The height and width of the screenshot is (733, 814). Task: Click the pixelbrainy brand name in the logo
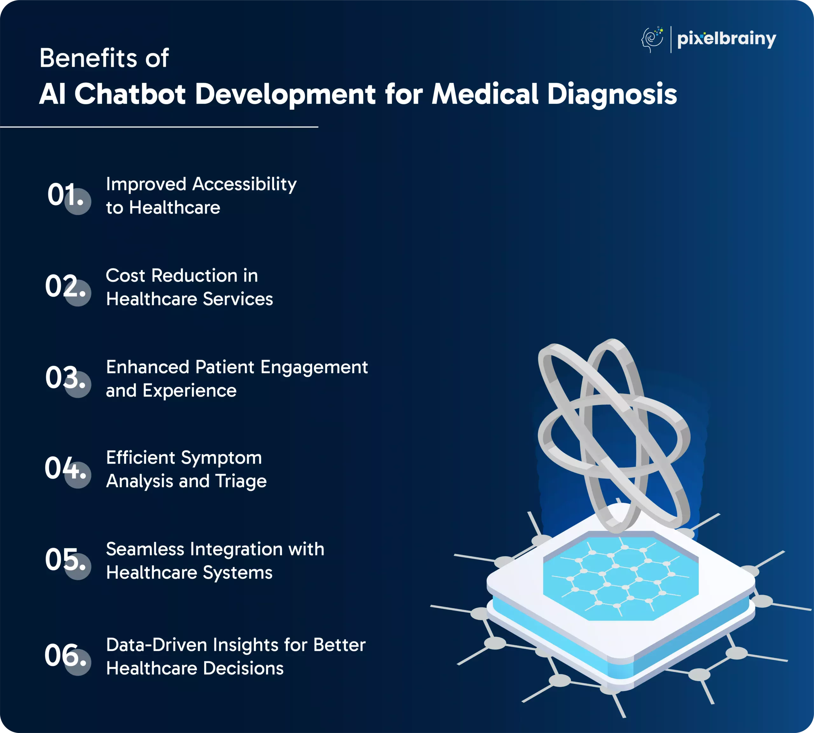[x=727, y=39]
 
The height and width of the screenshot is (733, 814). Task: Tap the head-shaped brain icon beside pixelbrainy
[x=652, y=39]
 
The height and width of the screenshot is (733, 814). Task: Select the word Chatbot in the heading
[x=130, y=94]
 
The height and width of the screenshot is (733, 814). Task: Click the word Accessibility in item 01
[x=245, y=185]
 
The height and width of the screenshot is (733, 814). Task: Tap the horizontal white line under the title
[x=159, y=127]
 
